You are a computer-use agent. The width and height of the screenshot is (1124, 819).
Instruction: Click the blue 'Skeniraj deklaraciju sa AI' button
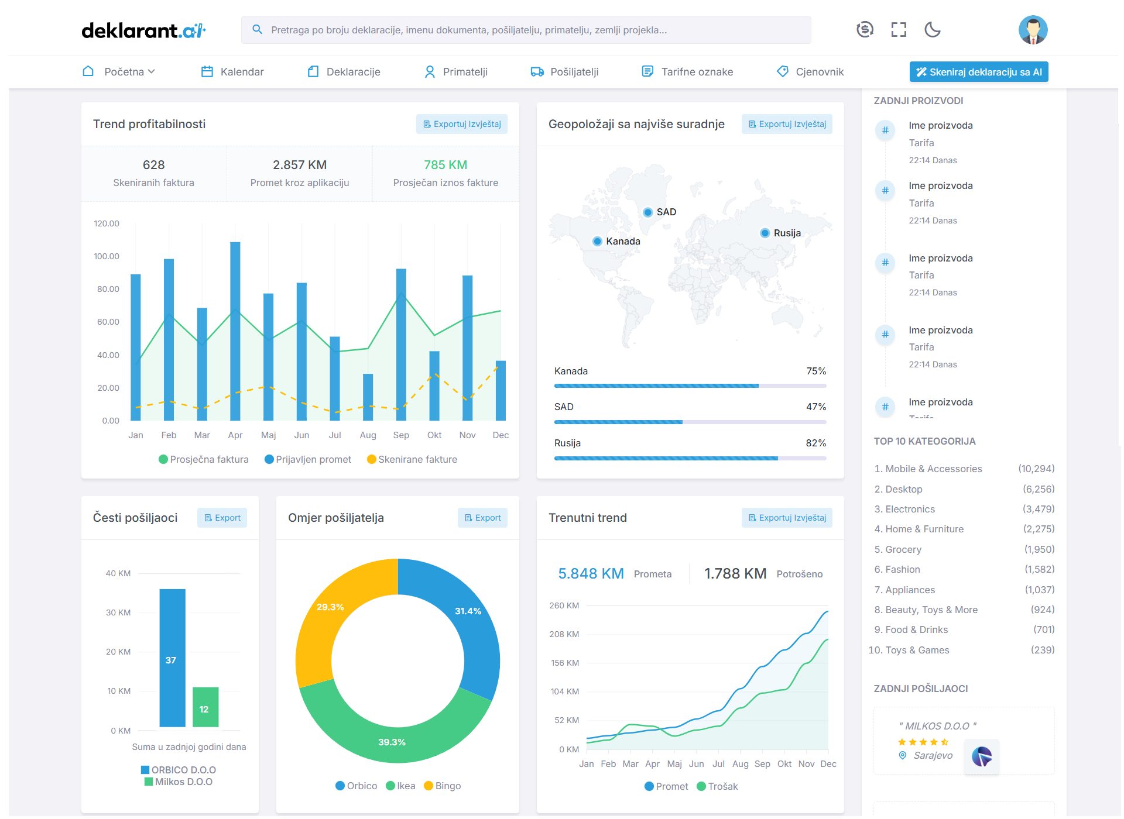tap(978, 72)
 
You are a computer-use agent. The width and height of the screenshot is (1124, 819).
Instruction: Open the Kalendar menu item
tap(233, 72)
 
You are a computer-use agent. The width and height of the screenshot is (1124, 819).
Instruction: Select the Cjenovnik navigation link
tap(811, 72)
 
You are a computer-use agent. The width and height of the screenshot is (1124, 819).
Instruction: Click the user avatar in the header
tap(1032, 30)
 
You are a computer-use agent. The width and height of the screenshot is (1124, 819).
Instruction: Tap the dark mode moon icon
tap(932, 29)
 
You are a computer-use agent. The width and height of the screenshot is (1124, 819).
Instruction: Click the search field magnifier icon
tap(257, 29)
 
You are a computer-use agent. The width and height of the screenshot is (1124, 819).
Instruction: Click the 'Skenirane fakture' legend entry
tap(412, 460)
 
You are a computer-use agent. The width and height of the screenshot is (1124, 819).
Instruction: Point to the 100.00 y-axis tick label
tap(107, 256)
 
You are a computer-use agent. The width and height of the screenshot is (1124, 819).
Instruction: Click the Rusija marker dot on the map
tap(765, 233)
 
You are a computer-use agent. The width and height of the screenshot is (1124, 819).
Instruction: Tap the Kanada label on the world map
tap(623, 241)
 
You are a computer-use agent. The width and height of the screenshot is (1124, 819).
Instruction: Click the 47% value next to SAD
tap(815, 407)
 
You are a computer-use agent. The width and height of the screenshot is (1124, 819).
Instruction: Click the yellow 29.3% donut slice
tap(328, 620)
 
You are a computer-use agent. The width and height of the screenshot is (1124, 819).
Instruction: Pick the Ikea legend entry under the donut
tap(401, 786)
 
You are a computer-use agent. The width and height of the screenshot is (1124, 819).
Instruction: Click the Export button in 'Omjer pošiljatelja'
tap(482, 518)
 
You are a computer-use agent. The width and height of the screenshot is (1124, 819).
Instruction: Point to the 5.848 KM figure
tap(591, 573)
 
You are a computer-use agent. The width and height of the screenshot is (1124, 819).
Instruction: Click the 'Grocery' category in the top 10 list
tap(903, 549)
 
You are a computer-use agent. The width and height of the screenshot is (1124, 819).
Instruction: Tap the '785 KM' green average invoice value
tap(446, 165)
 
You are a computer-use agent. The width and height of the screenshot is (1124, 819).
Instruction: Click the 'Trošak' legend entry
tap(718, 786)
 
